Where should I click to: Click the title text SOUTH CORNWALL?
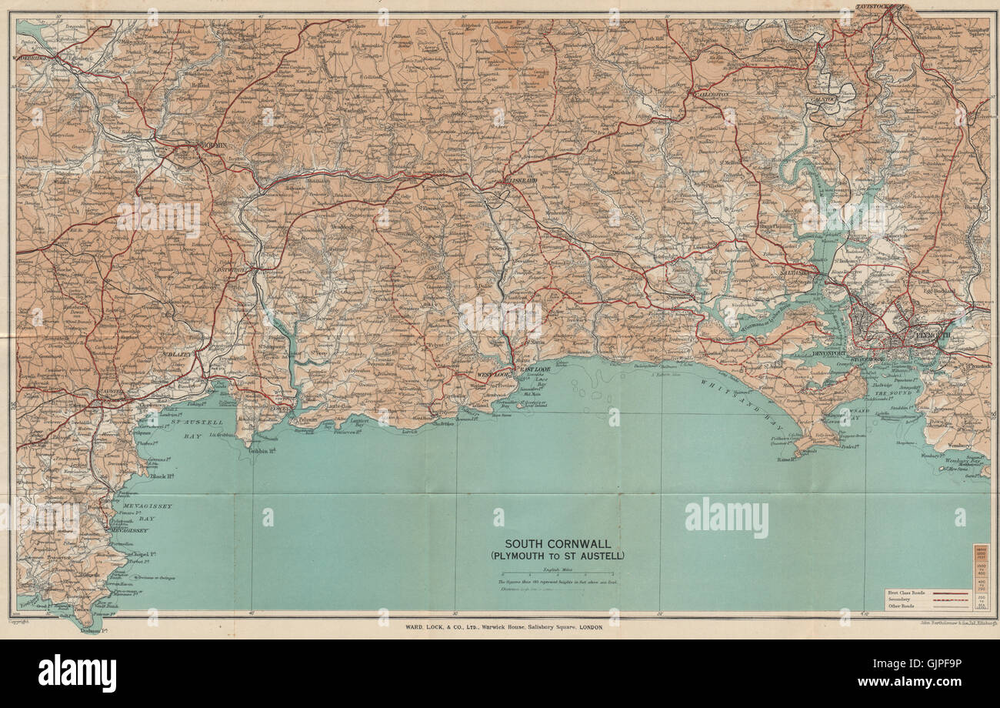click(558, 543)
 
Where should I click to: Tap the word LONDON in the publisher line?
click(586, 626)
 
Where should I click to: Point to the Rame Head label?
click(785, 459)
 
